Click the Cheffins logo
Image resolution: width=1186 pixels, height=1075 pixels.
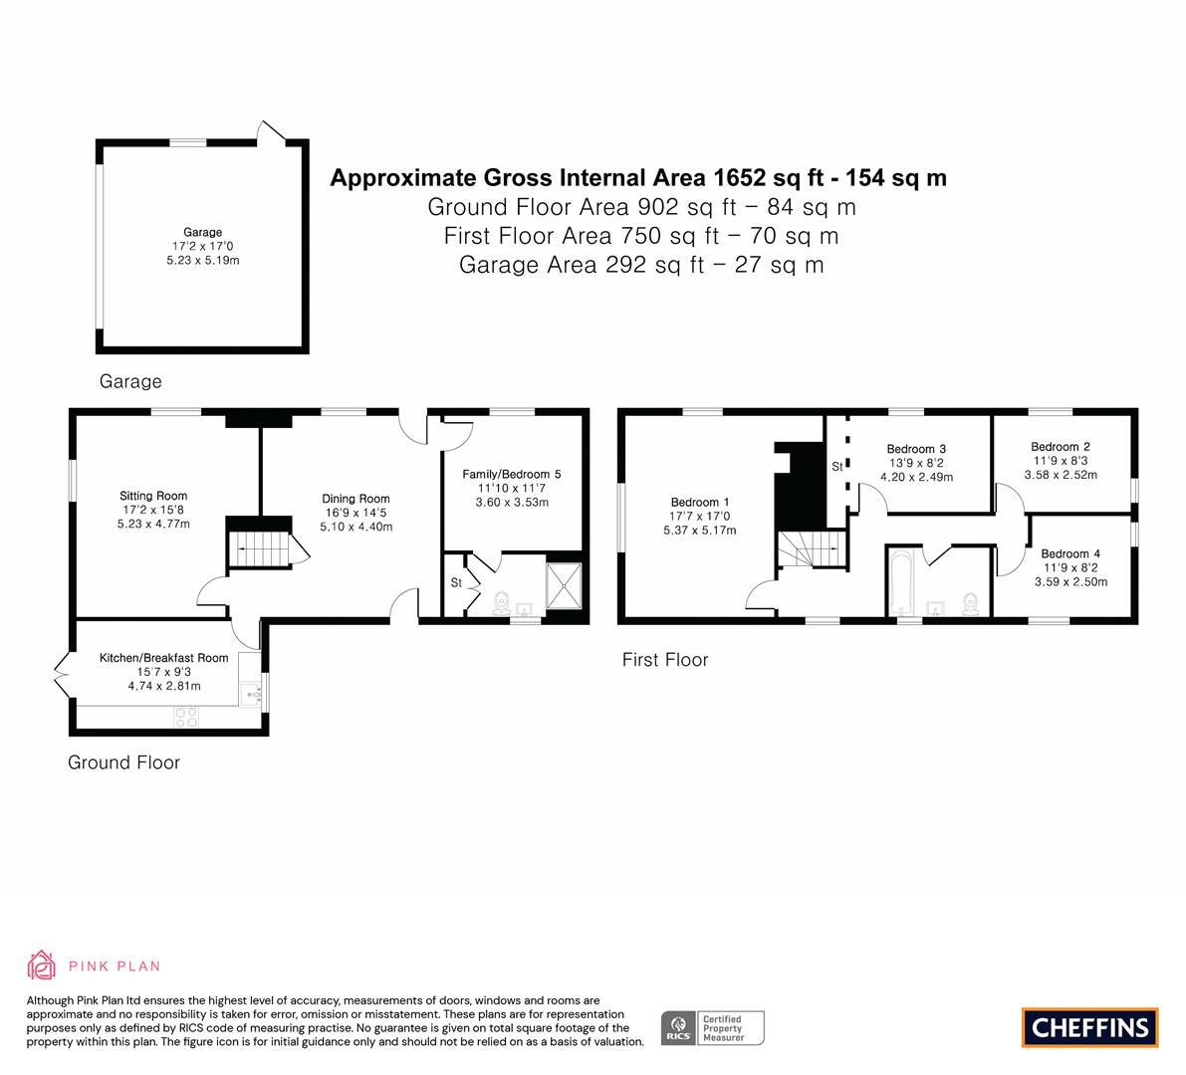tap(1090, 1027)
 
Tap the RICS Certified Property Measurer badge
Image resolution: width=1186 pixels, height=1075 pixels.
tap(713, 1028)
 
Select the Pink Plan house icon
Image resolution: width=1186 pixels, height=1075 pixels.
tap(42, 966)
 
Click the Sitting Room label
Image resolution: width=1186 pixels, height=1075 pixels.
tap(153, 496)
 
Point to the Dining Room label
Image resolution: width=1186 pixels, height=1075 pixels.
tap(356, 499)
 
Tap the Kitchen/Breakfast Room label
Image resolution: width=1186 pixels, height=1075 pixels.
tap(164, 658)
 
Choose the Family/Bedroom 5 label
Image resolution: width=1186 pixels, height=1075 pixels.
tap(512, 474)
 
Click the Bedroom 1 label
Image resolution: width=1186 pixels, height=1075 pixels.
tap(700, 502)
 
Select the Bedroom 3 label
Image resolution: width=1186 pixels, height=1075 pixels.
tap(917, 449)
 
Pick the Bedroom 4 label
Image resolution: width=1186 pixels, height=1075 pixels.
tap(1070, 554)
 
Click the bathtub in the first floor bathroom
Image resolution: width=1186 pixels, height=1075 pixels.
tap(901, 582)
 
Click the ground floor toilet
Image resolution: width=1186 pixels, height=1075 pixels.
tap(501, 603)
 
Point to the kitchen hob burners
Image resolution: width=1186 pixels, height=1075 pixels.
tap(186, 718)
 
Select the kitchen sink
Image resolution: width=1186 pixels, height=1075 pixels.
tap(250, 693)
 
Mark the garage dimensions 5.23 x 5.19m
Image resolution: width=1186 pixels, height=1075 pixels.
tap(203, 260)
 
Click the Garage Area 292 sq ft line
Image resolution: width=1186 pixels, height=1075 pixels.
tap(641, 266)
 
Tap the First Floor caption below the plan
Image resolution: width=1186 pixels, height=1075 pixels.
tap(665, 660)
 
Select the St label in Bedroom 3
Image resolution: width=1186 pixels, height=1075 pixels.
tap(837, 467)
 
